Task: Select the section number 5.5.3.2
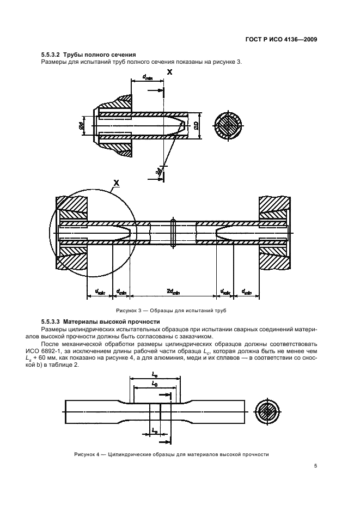point(51,54)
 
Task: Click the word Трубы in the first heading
point(75,54)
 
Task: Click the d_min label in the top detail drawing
point(147,78)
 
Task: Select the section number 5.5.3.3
point(51,321)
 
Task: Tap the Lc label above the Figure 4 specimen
point(154,376)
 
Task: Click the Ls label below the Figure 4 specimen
point(154,430)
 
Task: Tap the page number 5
point(316,465)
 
